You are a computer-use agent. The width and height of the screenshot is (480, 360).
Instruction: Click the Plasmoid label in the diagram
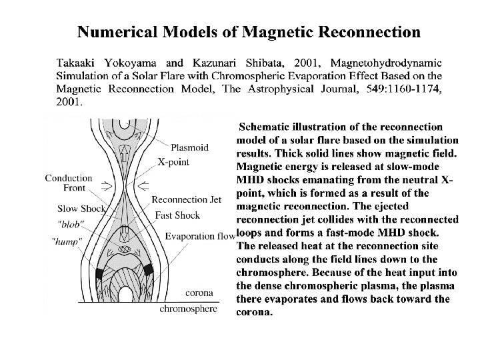190,148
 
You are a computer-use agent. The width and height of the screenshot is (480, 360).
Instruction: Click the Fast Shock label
177,215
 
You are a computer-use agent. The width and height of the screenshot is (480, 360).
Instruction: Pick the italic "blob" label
71,224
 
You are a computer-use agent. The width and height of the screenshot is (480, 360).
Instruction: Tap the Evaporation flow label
200,236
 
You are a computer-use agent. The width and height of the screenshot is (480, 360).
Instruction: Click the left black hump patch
100,273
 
